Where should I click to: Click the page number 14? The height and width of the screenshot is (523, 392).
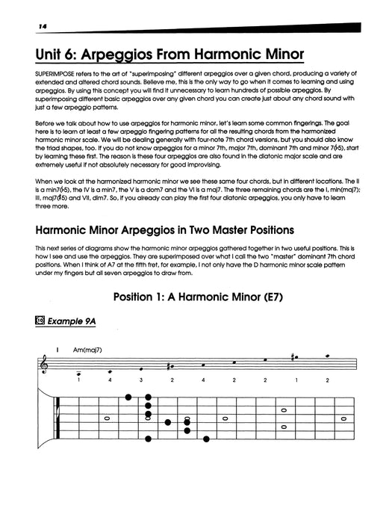[x=16, y=27]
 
